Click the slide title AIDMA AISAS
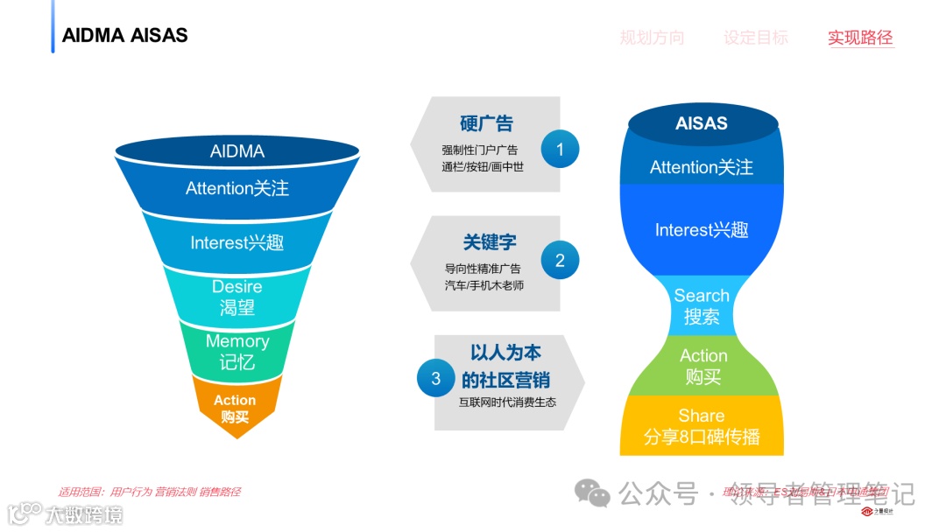(x=125, y=35)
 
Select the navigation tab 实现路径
(x=860, y=38)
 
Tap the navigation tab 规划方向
(x=652, y=38)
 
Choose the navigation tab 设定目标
(x=755, y=38)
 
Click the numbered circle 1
(x=560, y=150)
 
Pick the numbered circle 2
(x=560, y=260)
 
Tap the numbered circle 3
(x=435, y=379)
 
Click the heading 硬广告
(x=486, y=123)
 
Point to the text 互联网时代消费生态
(x=507, y=402)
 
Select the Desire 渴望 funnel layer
(x=236, y=297)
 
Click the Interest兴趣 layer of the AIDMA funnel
(x=236, y=242)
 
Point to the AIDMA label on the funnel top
(x=236, y=151)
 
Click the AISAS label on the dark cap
(x=701, y=123)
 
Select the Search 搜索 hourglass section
(x=702, y=305)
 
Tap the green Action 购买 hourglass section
(x=702, y=366)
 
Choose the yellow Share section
(x=702, y=426)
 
